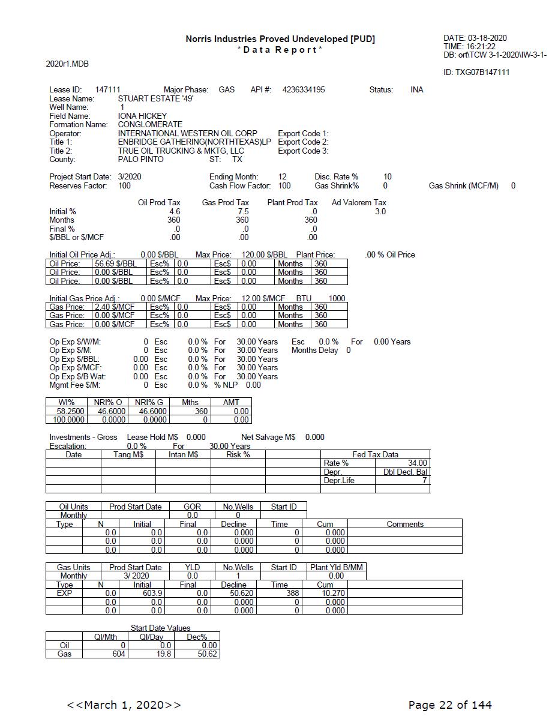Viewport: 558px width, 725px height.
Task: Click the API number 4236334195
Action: [304, 90]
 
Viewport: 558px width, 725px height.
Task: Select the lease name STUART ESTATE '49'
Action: [155, 98]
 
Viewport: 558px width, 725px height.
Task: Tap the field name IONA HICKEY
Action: [142, 116]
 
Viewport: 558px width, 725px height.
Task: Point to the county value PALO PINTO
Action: [140, 160]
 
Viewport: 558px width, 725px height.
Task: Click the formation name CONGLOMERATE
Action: [150, 125]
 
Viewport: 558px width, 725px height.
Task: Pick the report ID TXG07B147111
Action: [476, 73]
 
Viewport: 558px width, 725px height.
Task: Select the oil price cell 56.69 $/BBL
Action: [116, 263]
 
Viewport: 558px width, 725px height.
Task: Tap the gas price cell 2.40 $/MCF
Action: [115, 307]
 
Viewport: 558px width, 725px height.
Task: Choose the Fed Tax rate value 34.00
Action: [417, 463]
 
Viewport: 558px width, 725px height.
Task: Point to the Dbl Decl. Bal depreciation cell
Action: [405, 472]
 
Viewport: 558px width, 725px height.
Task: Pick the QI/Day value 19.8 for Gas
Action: [163, 654]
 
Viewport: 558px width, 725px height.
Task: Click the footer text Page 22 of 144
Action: [450, 705]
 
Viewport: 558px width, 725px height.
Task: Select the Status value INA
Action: [417, 90]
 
